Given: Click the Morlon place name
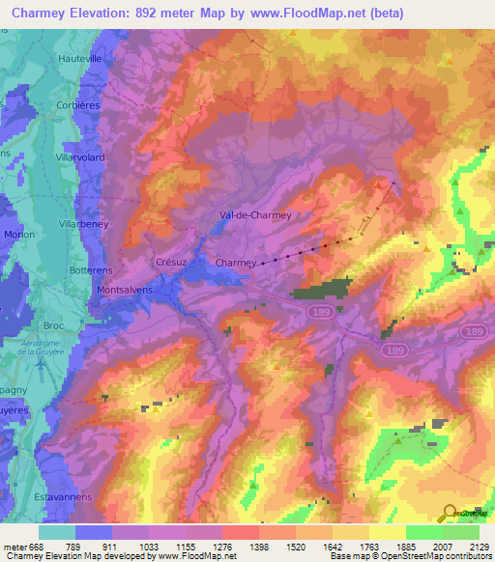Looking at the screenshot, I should [19, 234].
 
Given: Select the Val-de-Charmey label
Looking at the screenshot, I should [256, 216].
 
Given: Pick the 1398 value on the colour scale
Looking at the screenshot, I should [258, 546].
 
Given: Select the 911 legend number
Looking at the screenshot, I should [111, 546].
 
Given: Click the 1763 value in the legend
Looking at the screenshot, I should [368, 546].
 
